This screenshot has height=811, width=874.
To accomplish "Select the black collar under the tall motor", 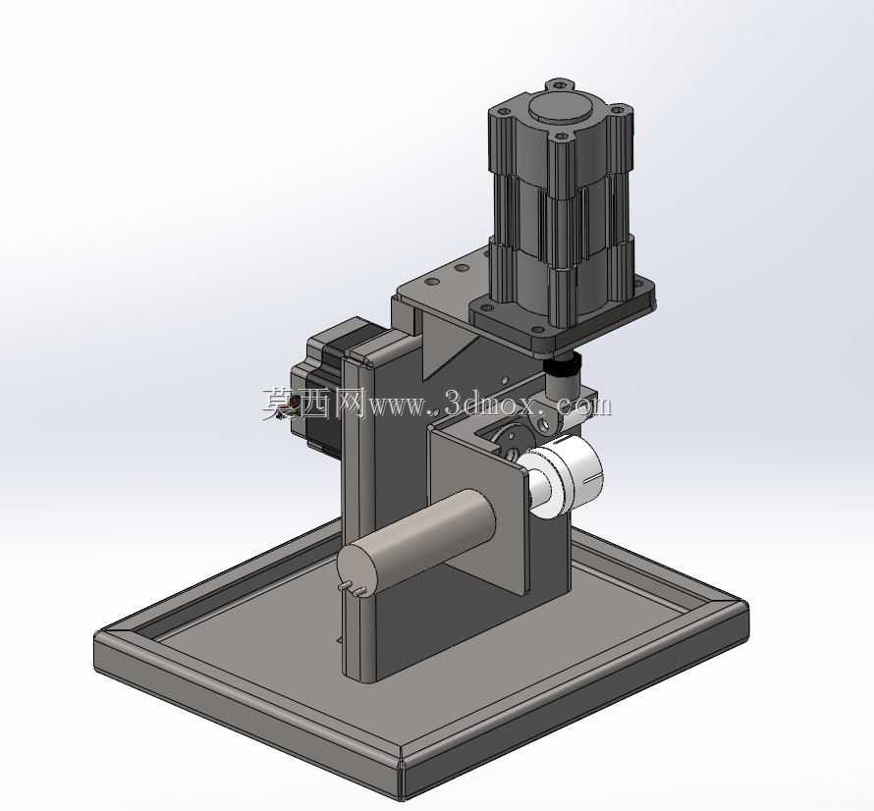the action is (x=562, y=367).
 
